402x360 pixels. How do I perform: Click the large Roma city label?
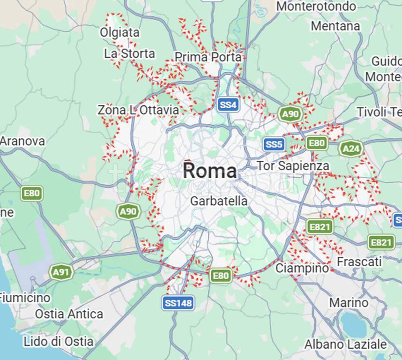coord(209,170)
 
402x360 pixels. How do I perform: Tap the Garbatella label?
coord(219,201)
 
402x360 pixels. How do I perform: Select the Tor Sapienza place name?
coord(293,166)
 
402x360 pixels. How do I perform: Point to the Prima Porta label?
coord(208,57)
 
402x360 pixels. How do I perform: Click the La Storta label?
coord(129,53)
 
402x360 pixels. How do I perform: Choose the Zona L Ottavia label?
coord(138,110)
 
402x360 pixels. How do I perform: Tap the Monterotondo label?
coord(323,7)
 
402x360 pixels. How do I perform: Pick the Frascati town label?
coord(359,262)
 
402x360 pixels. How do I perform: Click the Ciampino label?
coord(302,268)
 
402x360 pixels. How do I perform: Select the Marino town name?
coord(348,302)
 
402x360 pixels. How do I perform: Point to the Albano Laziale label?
coord(346,344)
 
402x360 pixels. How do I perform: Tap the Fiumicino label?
coord(24,298)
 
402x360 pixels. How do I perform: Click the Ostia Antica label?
coord(69,314)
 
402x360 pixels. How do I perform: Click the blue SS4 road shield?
coord(228,105)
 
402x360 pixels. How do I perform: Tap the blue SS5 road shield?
coord(274,144)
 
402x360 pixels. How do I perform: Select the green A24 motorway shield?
coord(351,149)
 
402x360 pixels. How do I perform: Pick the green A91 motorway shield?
coord(61,272)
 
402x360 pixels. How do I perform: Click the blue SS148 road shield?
coord(179,303)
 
